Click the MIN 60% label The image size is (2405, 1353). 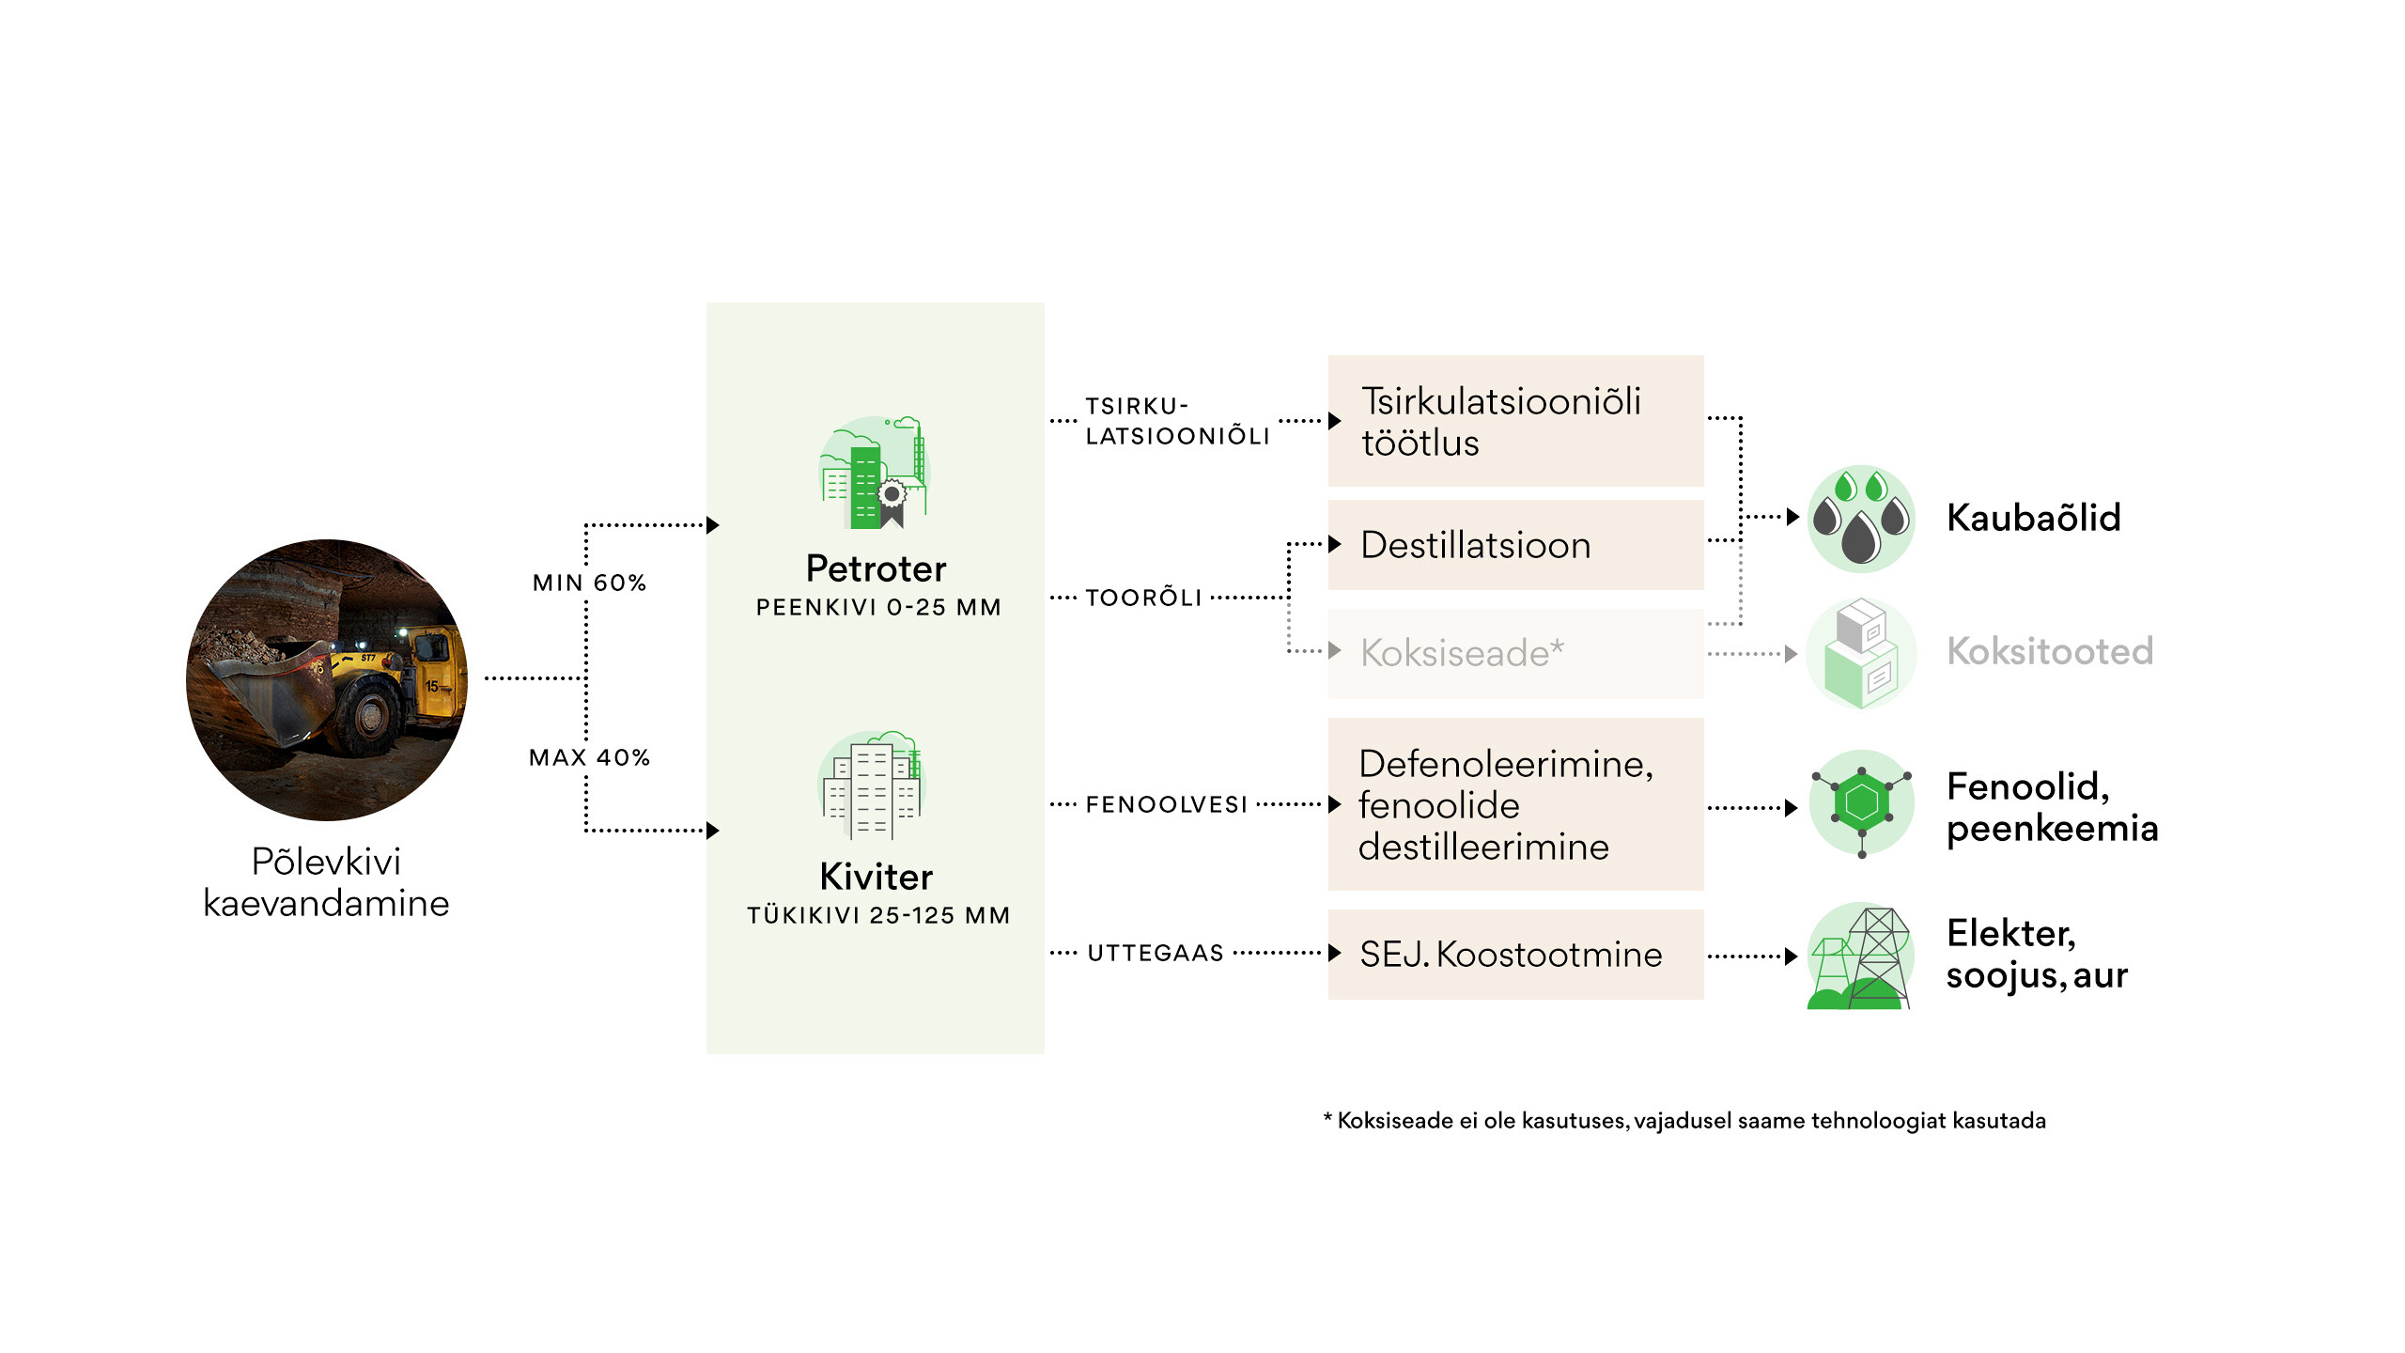coord(589,583)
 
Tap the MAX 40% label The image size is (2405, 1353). coord(589,757)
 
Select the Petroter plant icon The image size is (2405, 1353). coord(875,473)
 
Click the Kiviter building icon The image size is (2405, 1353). coord(874,785)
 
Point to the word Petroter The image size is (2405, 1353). coord(876,568)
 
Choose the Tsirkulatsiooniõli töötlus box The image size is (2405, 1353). coord(1514,421)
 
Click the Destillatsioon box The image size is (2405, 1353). coord(1514,545)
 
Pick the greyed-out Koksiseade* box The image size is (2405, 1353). coord(1514,653)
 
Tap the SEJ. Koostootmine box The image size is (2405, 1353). coord(1514,955)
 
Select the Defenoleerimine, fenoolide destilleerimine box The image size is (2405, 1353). coord(1514,804)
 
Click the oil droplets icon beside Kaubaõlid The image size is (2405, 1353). coord(1861,519)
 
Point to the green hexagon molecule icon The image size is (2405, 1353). coord(1861,802)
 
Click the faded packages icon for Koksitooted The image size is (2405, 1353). coord(1861,654)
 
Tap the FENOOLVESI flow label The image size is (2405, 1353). coord(1166,804)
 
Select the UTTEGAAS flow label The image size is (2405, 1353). coord(1156,953)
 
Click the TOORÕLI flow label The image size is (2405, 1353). coord(1143,598)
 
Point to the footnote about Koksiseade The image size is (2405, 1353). coord(1684,1121)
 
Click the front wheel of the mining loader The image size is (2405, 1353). coord(368,717)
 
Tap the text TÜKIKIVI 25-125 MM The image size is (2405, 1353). coord(878,915)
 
